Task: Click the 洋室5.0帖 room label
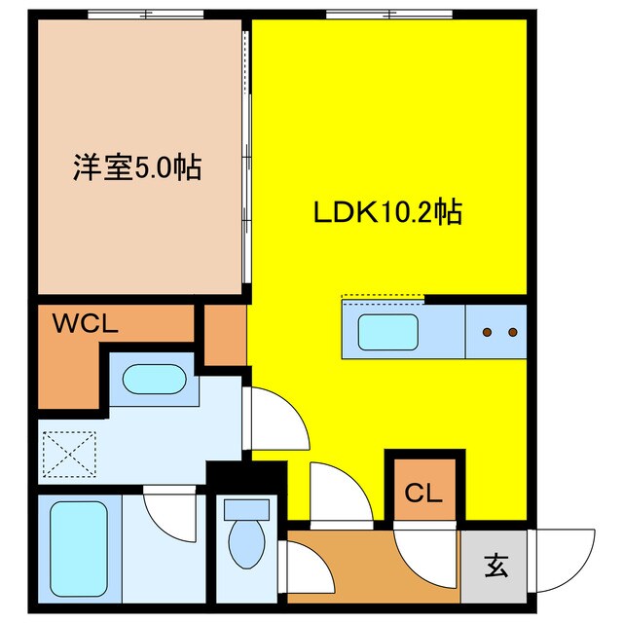click(136, 167)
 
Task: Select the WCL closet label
click(86, 324)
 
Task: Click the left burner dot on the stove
click(486, 333)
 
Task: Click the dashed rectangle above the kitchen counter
click(384, 297)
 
